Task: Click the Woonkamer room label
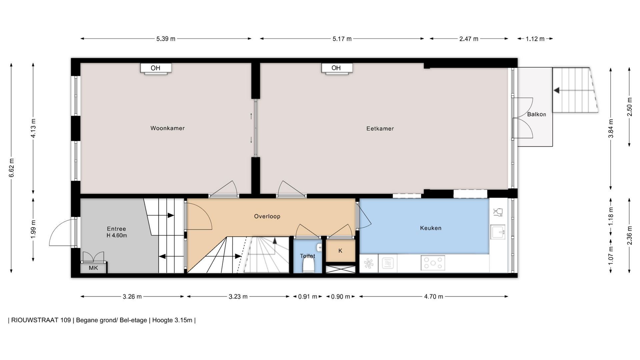[x=167, y=128]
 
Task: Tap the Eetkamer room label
[x=380, y=129]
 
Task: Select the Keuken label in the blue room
[x=431, y=228]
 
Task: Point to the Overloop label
[x=267, y=217]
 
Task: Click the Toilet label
[x=307, y=256]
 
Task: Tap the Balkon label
[x=536, y=114]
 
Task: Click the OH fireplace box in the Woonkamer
[x=156, y=68]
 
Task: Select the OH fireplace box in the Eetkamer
[x=337, y=68]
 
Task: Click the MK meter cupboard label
[x=93, y=268]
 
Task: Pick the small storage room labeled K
[x=340, y=251]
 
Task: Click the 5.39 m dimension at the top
[x=166, y=39]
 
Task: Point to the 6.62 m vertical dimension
[x=11, y=168]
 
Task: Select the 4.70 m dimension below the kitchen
[x=433, y=297]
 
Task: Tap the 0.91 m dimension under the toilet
[x=307, y=297]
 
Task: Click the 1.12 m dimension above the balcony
[x=535, y=39]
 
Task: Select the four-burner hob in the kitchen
[x=433, y=263]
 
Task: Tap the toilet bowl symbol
[x=308, y=266]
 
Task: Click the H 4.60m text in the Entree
[x=117, y=236]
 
